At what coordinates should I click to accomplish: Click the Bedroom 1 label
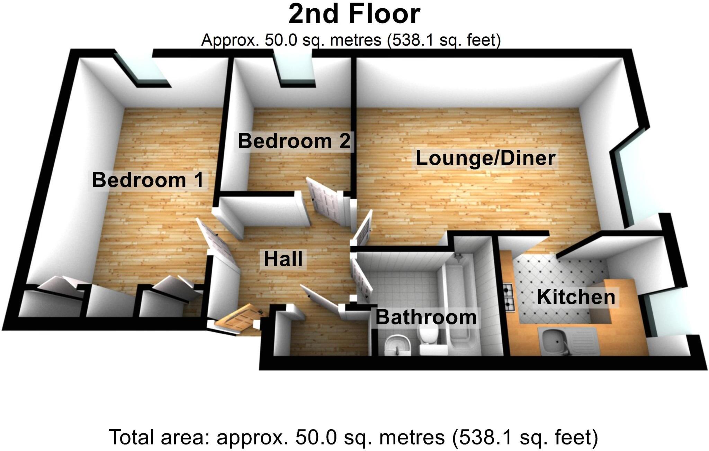pos(148,180)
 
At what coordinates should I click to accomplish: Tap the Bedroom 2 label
pos(294,141)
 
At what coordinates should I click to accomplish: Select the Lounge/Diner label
pos(485,158)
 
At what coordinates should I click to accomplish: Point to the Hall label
pos(283,259)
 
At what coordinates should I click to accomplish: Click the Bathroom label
pos(426,317)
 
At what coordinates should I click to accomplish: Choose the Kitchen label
pos(576,297)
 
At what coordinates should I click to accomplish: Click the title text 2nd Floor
pos(354,15)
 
